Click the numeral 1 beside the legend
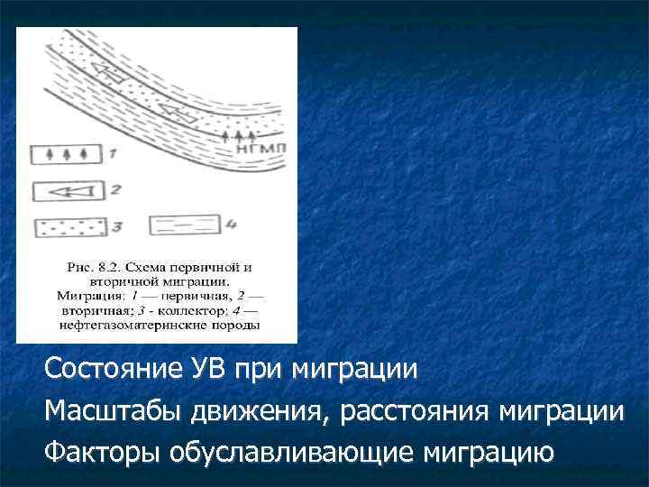[112, 154]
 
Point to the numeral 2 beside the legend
[114, 190]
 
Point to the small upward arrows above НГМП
[233, 133]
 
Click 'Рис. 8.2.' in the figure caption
[92, 268]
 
